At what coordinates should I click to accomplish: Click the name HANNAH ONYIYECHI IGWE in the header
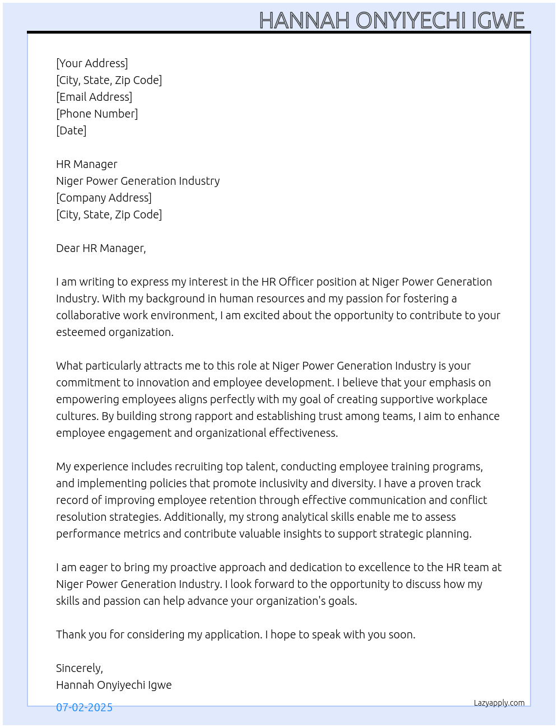pos(392,21)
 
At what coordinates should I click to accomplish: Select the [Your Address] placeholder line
pos(92,63)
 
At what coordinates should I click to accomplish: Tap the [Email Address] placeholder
pos(94,97)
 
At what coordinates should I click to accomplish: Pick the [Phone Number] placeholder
pos(97,114)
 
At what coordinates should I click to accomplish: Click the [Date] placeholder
pos(71,130)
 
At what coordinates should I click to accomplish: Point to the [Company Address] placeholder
pos(104,198)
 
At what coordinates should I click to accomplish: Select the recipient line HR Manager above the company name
pos(87,164)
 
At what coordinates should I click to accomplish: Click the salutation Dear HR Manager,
pos(101,248)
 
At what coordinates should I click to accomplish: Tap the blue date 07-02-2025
pos(84,707)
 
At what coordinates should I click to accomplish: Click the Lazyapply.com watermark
pos(499,703)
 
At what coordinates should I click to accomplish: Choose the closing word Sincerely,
pos(80,668)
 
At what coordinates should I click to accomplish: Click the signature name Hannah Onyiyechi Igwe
pos(114,685)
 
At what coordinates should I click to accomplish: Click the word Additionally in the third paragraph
pos(195,517)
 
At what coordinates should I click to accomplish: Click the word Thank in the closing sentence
pos(69,634)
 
